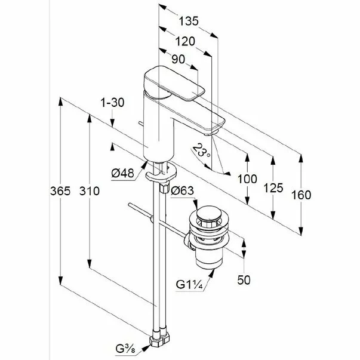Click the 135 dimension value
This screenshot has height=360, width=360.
coord(188,21)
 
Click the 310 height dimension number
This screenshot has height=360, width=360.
coord(88,190)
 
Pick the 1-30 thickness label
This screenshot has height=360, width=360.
coord(112,103)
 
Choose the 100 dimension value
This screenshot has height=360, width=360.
coord(246,179)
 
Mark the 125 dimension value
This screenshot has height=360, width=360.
coord(273,188)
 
